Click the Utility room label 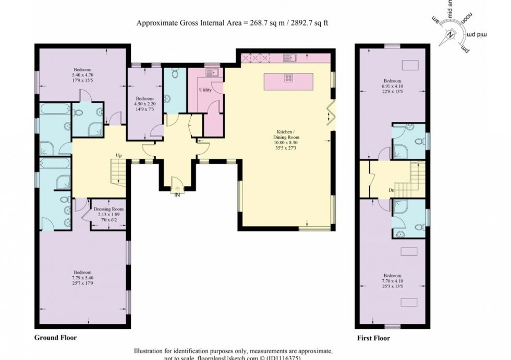tap(205, 90)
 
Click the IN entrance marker tap(177, 195)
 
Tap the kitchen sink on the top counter tap(290, 58)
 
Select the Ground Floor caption tap(55, 338)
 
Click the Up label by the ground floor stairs tap(119, 156)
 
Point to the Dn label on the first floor tap(391, 190)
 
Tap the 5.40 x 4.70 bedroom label tap(82, 78)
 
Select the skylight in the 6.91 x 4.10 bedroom tap(410, 65)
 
